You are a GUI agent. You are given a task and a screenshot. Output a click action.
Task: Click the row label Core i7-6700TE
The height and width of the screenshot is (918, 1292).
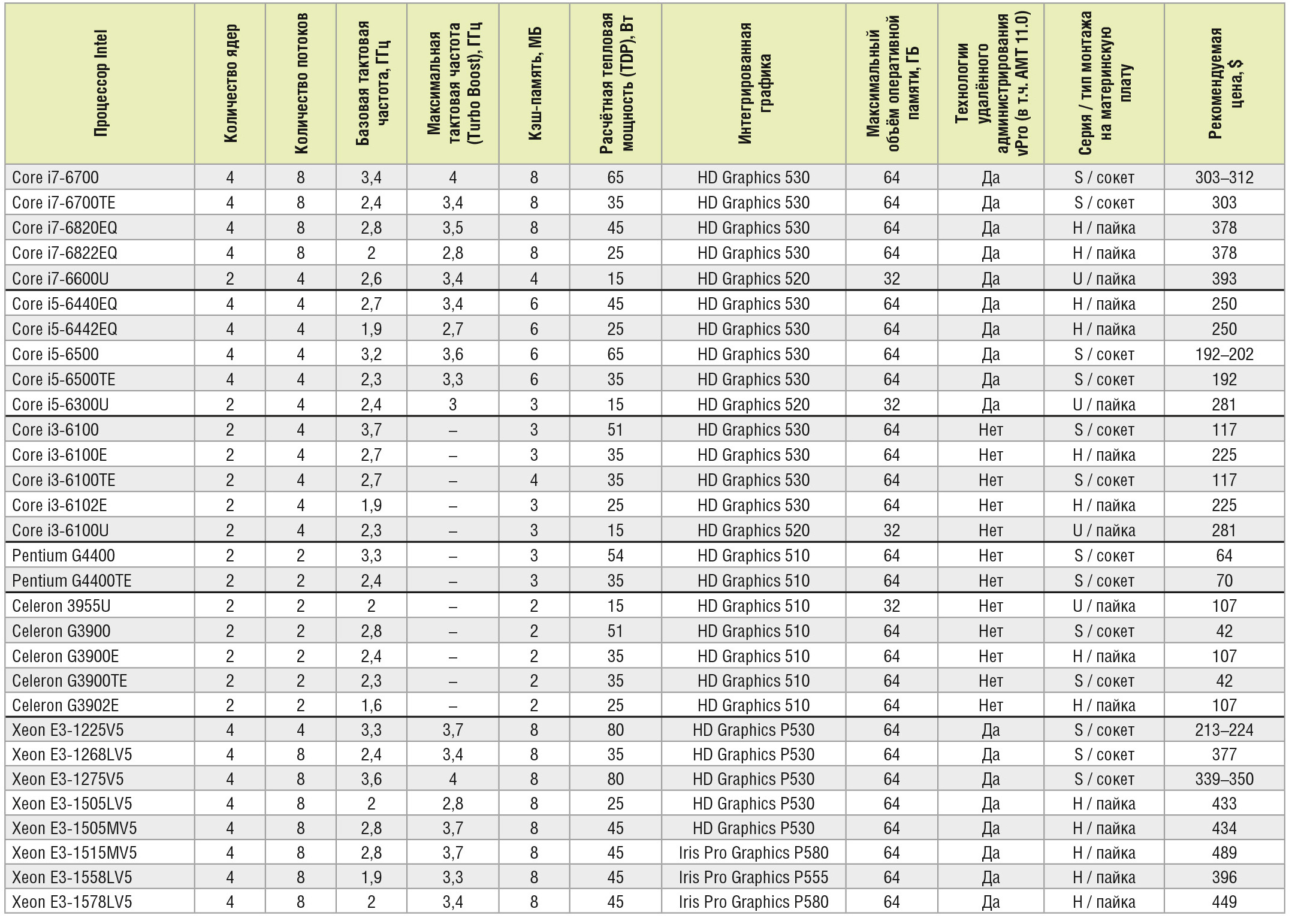click(x=64, y=203)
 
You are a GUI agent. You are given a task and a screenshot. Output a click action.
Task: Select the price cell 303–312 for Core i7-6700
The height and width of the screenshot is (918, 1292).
click(x=1224, y=177)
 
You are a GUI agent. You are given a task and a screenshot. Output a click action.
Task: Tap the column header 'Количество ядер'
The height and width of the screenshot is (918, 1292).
click(x=231, y=83)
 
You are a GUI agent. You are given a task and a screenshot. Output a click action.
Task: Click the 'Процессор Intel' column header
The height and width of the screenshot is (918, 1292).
click(x=101, y=83)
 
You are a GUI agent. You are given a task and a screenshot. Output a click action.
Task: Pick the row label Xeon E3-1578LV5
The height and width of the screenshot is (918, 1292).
click(x=72, y=902)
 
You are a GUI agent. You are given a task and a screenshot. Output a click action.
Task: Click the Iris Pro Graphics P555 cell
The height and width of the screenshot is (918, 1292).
click(x=753, y=877)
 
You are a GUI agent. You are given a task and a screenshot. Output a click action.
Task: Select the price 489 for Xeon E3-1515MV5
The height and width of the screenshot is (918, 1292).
click(x=1224, y=853)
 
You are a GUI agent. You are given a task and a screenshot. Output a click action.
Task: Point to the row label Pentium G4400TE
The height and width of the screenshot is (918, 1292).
click(x=72, y=581)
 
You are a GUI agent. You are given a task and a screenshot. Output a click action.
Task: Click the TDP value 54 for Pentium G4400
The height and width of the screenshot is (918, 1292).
click(x=615, y=555)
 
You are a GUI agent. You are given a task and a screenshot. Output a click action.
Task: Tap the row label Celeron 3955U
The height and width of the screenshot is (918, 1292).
click(x=61, y=606)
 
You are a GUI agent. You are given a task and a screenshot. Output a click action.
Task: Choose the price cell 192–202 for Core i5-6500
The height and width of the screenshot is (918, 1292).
click(x=1224, y=354)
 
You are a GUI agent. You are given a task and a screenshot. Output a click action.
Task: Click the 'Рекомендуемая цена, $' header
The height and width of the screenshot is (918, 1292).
click(x=1224, y=83)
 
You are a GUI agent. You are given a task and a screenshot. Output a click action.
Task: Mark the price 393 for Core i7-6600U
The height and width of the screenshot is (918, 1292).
click(x=1224, y=279)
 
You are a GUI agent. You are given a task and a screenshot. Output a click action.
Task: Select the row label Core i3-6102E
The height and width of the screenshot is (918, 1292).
click(x=59, y=505)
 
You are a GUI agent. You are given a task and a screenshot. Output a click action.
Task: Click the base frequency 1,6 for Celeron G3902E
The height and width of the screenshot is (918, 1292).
click(x=371, y=705)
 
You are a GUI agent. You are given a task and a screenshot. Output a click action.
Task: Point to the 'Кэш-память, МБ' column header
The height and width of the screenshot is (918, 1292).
click(x=535, y=83)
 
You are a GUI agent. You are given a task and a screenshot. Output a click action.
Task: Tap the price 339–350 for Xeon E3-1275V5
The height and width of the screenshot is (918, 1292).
click(x=1224, y=779)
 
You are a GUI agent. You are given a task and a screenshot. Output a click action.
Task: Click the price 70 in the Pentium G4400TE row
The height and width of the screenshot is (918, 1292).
click(x=1224, y=581)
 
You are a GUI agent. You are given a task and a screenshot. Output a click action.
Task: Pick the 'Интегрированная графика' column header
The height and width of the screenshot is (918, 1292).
click(x=753, y=83)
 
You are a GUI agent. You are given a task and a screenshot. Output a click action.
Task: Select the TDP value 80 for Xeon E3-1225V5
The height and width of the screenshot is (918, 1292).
click(x=615, y=730)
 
